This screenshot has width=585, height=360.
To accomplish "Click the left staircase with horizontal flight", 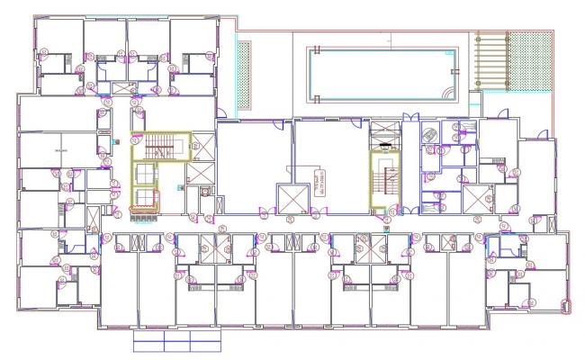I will coord(161,145).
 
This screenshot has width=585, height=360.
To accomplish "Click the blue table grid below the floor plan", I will coord(175,341).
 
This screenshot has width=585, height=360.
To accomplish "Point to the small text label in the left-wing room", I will coord(61,150).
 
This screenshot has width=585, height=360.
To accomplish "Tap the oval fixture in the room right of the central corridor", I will coord(428,134).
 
